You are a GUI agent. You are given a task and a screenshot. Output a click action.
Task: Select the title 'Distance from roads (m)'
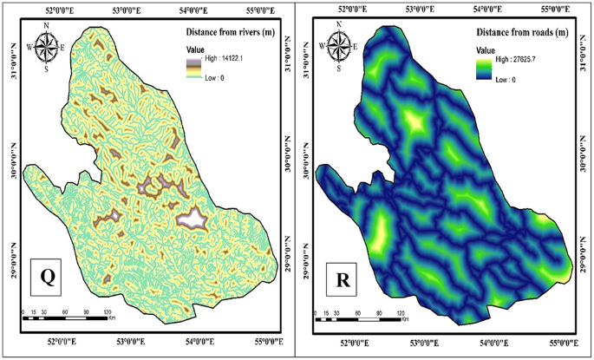pyautogui.click(x=522, y=32)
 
